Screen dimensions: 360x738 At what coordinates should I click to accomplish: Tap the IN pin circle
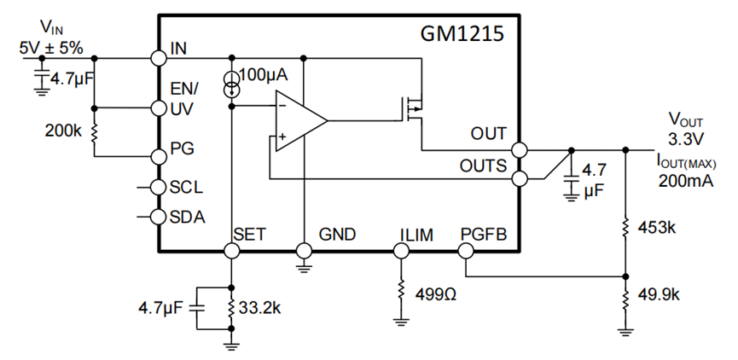(x=158, y=58)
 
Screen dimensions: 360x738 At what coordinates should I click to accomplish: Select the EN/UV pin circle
(x=158, y=108)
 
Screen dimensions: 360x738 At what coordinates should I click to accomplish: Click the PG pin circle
(x=158, y=156)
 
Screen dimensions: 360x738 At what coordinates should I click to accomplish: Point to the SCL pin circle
(x=158, y=187)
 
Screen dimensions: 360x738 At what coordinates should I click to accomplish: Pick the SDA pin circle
(x=158, y=216)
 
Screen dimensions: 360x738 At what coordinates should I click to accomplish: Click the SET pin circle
(x=231, y=251)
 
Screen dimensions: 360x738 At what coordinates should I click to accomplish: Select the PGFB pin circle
(x=466, y=251)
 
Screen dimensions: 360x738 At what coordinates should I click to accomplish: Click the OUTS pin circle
(x=520, y=178)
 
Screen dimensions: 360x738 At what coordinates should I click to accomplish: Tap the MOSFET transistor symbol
(x=415, y=107)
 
